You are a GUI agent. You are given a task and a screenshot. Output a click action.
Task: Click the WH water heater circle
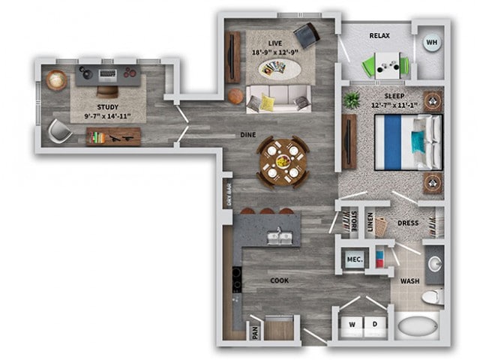(x=431, y=43)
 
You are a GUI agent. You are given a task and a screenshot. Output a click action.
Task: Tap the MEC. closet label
(x=354, y=259)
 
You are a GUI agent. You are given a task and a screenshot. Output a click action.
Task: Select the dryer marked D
(x=375, y=324)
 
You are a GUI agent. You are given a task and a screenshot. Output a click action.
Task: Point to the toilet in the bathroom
(x=432, y=297)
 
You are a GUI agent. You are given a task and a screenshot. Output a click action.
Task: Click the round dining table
(x=283, y=160)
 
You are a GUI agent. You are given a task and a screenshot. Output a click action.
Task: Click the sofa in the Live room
(x=278, y=98)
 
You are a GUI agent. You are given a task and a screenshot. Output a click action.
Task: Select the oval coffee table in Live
(x=280, y=70)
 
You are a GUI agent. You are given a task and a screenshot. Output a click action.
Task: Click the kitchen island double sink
(x=280, y=238)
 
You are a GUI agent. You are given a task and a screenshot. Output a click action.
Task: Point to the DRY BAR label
(x=228, y=194)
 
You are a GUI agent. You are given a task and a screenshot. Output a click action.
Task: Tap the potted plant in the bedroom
(x=351, y=99)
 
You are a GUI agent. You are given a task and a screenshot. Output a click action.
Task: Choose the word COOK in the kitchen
(x=280, y=280)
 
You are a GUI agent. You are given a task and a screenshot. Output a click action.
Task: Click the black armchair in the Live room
(x=306, y=34)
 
